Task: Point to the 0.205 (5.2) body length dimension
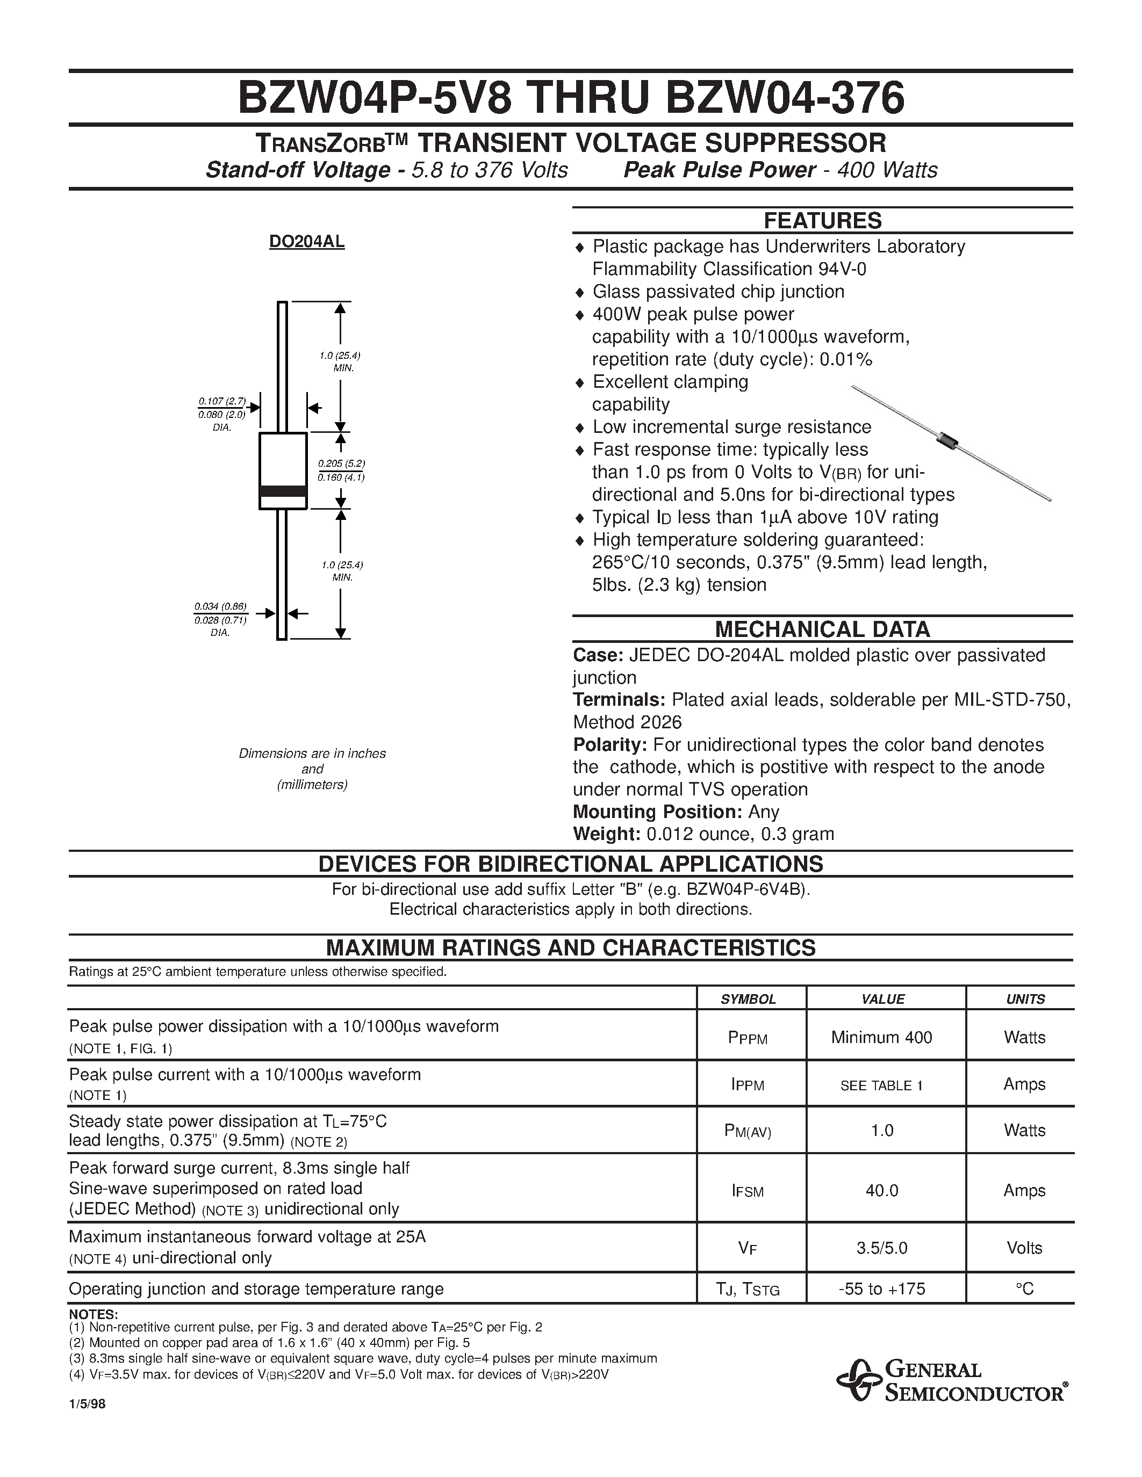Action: click(x=342, y=464)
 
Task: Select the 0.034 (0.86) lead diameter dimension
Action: click(x=220, y=606)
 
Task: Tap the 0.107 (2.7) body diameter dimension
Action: click(x=222, y=401)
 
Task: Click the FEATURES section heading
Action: click(x=822, y=220)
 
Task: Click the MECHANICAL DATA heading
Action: click(x=822, y=629)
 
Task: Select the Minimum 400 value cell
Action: click(x=881, y=1037)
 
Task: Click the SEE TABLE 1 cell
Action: click(x=881, y=1085)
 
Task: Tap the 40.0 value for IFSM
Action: click(x=881, y=1190)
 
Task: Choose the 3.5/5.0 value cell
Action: click(x=881, y=1248)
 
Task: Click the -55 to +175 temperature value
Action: click(x=881, y=1289)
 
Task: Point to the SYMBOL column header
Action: click(x=748, y=999)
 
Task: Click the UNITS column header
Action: click(x=1025, y=999)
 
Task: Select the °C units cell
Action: click(x=1024, y=1289)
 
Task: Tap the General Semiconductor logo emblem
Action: click(x=857, y=1380)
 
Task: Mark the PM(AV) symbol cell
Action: click(x=748, y=1131)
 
